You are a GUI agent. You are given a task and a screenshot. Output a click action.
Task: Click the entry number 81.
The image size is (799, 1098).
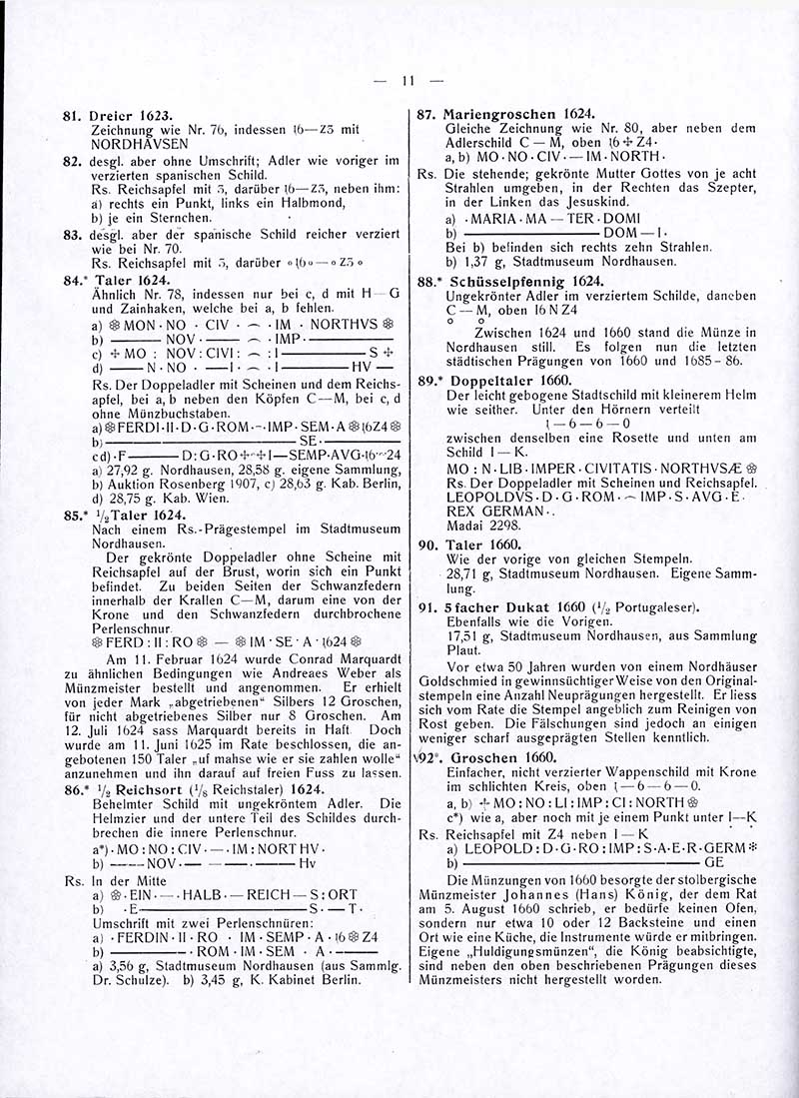[x=71, y=116]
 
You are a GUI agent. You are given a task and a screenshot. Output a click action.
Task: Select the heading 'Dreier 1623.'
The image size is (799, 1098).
[x=127, y=116]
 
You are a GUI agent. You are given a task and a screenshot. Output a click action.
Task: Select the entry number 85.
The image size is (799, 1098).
[x=71, y=517]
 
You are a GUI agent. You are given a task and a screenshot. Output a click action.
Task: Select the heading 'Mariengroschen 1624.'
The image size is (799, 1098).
[x=519, y=114]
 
